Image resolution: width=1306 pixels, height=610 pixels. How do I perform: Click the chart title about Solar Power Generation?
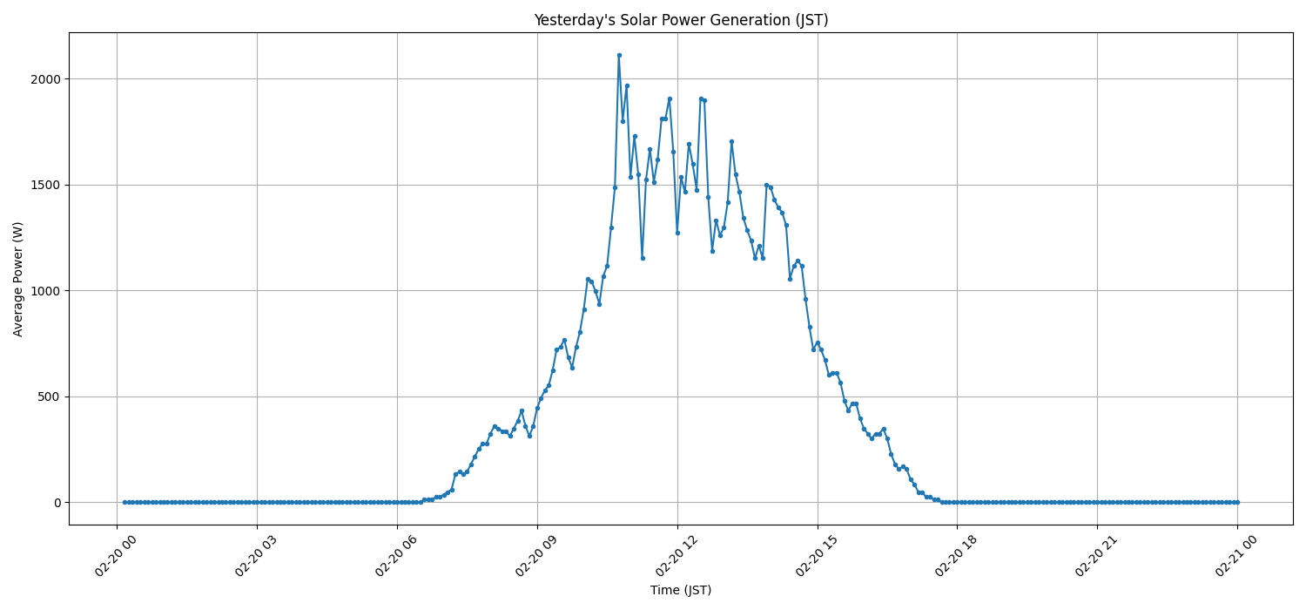click(x=681, y=20)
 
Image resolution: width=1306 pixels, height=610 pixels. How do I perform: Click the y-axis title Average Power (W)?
click(x=18, y=279)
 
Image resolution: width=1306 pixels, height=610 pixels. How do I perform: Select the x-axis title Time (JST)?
click(x=681, y=590)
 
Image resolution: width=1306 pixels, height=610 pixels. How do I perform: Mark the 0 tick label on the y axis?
click(x=57, y=503)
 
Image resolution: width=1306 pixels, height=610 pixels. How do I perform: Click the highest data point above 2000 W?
click(x=619, y=55)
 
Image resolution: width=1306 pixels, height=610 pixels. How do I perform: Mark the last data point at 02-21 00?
click(x=1237, y=502)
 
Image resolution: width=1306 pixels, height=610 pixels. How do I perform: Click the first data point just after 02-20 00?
click(x=125, y=502)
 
